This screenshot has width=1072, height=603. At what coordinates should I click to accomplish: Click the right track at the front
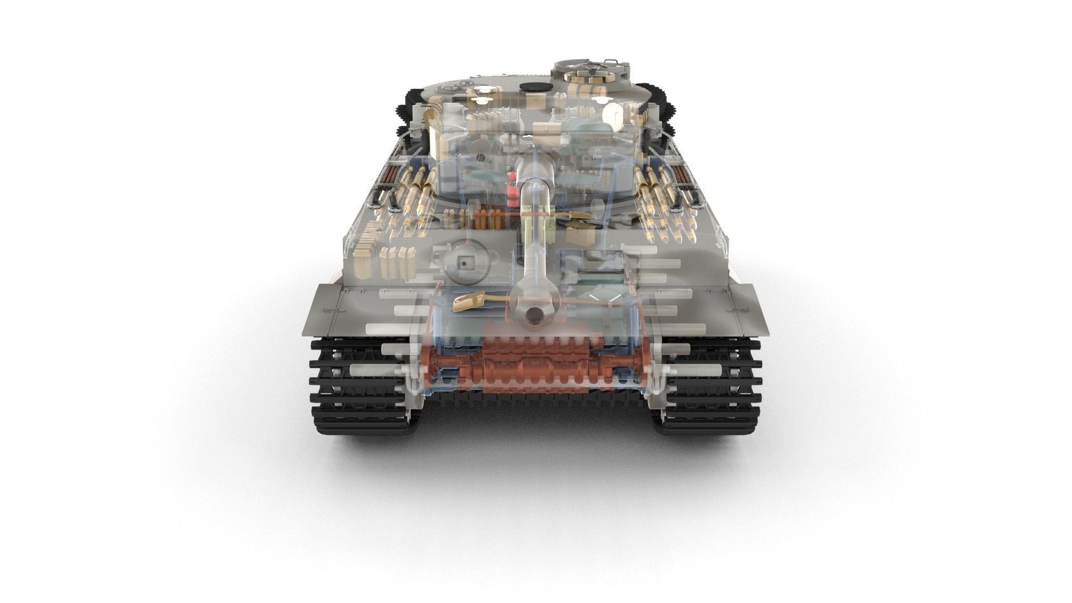click(712, 385)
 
